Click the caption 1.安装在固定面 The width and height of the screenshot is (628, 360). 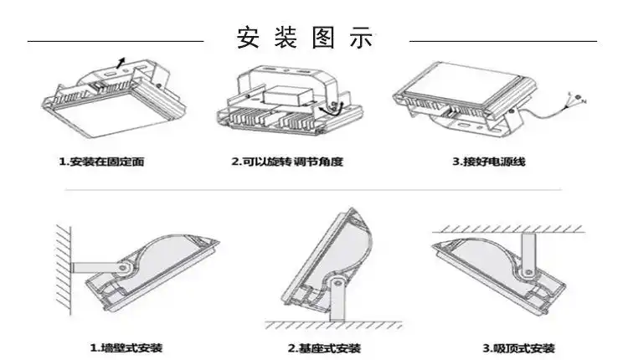click(x=101, y=162)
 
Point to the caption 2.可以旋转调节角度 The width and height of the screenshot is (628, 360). click(x=287, y=162)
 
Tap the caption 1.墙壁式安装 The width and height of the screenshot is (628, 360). click(x=126, y=347)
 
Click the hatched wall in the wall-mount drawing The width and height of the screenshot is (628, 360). click(x=63, y=266)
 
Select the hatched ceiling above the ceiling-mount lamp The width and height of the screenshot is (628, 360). click(x=512, y=228)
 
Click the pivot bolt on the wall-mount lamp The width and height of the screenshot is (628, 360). click(x=124, y=267)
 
